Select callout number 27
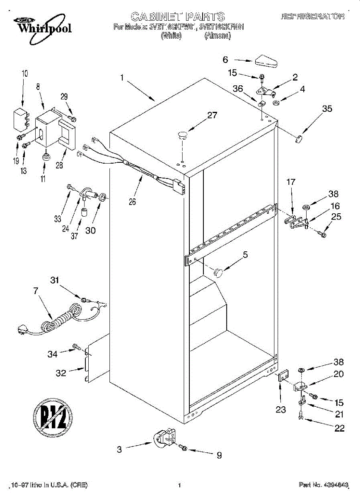tap(212, 116)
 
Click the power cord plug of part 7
tap(22, 330)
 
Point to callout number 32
tap(61, 373)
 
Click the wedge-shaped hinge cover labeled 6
tap(266, 60)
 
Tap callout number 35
tap(327, 109)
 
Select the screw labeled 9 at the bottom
tap(184, 448)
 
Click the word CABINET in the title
tap(157, 17)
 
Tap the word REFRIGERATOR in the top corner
tap(313, 17)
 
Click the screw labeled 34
tap(77, 346)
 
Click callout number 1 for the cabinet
tap(122, 77)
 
